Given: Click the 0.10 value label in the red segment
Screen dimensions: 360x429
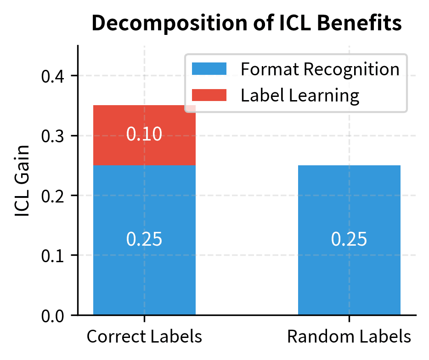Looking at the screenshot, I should click(144, 135).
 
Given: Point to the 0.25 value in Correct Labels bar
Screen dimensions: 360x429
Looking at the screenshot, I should click(144, 240).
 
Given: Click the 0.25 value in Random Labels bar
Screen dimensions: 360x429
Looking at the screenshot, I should click(349, 240).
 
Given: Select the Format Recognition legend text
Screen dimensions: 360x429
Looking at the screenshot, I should click(320, 69).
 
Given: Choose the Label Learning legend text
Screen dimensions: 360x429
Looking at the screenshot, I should click(299, 95).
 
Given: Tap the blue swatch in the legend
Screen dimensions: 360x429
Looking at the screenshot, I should click(209, 69).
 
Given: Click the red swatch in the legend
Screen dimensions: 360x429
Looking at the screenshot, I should click(209, 95).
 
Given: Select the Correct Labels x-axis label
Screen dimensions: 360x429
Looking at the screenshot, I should click(144, 337).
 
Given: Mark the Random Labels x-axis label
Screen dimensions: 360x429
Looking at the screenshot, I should click(349, 337).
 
